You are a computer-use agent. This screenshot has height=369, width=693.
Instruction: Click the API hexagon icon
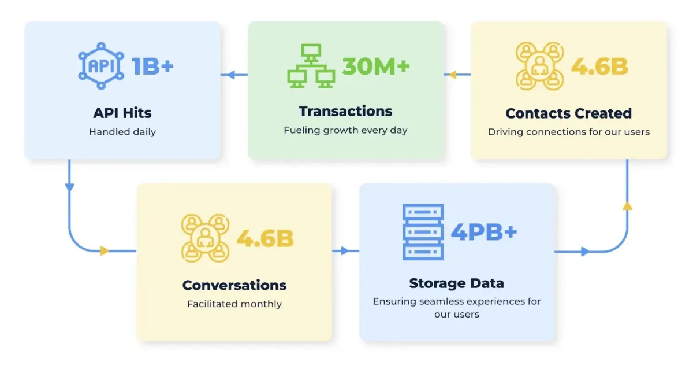[100, 65]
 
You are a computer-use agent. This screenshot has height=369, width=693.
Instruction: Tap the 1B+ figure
[152, 66]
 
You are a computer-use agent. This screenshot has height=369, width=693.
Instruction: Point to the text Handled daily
[122, 132]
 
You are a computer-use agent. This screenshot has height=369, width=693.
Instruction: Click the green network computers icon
[311, 67]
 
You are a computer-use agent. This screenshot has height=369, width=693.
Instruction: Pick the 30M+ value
[375, 66]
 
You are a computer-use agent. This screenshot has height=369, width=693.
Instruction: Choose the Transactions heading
[345, 111]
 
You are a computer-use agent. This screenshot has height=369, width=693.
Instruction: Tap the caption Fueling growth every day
[345, 130]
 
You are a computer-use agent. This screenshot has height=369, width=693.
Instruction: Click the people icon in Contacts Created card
[539, 66]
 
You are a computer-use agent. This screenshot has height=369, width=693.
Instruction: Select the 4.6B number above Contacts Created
[599, 67]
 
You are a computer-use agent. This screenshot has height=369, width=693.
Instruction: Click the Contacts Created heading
[569, 113]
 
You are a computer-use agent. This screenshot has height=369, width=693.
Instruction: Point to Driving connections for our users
[569, 132]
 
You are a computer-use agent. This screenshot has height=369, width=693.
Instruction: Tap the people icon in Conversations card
[206, 238]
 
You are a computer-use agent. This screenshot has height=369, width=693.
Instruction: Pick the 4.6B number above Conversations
[265, 238]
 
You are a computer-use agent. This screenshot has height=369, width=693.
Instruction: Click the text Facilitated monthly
[234, 304]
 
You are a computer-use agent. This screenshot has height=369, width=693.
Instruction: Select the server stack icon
[423, 231]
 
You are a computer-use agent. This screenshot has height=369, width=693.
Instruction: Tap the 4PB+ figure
[484, 232]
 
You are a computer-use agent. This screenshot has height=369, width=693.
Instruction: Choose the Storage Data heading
[456, 283]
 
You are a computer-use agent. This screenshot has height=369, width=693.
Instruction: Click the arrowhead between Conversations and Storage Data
[345, 251]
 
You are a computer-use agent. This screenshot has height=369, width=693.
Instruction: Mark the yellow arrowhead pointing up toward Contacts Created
[628, 205]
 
